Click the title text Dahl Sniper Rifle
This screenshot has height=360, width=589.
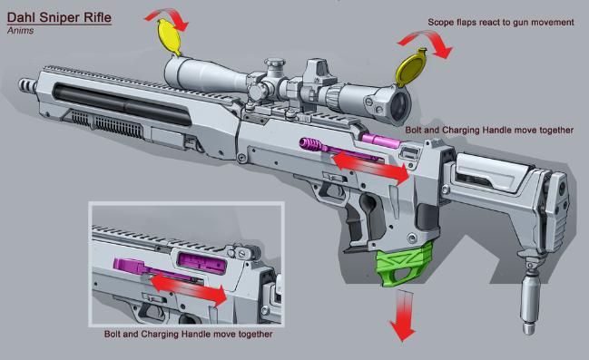pyautogui.click(x=59, y=17)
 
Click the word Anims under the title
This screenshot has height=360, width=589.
pyautogui.click(x=20, y=31)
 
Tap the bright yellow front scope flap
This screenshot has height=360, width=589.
pyautogui.click(x=169, y=37)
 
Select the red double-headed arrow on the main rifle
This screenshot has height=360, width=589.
pyautogui.click(x=371, y=167)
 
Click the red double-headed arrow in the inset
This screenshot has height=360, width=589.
pyautogui.click(x=188, y=288)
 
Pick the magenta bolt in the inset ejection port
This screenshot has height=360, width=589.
pyautogui.click(x=201, y=261)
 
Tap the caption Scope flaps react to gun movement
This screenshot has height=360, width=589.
pyautogui.click(x=501, y=23)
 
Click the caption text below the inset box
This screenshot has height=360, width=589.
pyautogui.click(x=188, y=334)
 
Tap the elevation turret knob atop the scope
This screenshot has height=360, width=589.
pyautogui.click(x=274, y=65)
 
